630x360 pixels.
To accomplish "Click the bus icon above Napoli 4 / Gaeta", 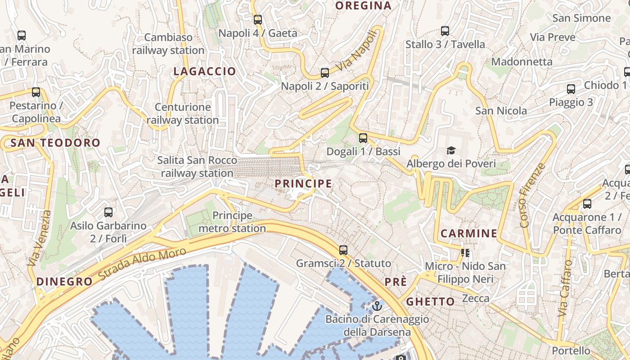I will click(257, 20).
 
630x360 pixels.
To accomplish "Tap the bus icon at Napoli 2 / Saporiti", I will click(325, 72).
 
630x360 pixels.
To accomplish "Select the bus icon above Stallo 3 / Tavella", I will click(445, 31).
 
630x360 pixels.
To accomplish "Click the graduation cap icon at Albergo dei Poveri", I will click(450, 150).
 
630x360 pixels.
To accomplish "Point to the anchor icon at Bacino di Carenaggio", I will click(377, 306).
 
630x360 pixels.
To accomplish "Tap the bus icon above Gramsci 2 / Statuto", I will click(343, 250).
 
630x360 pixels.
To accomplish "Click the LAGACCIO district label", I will click(205, 71).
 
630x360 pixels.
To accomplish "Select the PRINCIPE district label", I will click(303, 184).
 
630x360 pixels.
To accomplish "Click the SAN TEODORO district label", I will click(55, 143).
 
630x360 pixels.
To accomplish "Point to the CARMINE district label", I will click(468, 233).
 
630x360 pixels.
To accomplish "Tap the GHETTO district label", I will click(430, 301).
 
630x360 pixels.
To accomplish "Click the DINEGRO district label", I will click(64, 282).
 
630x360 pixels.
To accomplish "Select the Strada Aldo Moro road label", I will click(142, 264).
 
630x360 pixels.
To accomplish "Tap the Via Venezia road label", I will click(39, 238).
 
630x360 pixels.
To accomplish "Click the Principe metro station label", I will click(232, 222).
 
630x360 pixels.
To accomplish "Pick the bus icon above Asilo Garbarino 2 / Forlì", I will click(108, 212).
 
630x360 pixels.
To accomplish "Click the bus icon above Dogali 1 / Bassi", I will click(363, 138).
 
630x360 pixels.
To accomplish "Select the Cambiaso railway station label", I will click(168, 44).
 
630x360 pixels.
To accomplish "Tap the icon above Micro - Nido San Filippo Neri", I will click(465, 253).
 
